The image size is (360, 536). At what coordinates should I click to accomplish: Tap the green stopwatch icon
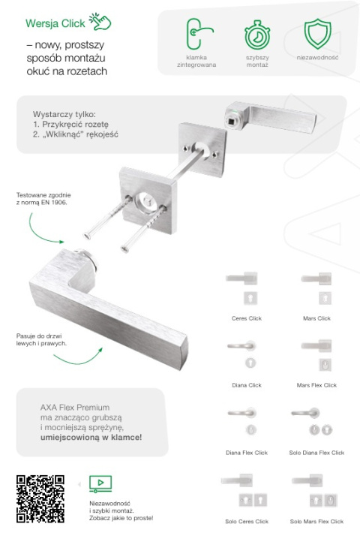[x=257, y=35]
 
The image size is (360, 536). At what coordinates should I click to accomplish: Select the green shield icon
[x=318, y=34]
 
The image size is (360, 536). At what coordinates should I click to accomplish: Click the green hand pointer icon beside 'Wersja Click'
[x=100, y=21]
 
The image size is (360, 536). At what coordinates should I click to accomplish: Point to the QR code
[x=40, y=498]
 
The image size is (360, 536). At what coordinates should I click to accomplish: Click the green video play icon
[x=100, y=483]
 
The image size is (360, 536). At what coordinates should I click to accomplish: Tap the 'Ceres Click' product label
[x=247, y=318]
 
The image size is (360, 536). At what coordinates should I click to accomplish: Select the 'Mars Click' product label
[x=316, y=318]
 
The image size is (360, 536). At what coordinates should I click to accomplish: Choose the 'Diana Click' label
[x=247, y=385]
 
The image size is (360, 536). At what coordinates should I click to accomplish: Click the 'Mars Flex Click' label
[x=316, y=385]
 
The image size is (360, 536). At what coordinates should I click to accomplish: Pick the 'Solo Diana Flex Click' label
[x=316, y=453]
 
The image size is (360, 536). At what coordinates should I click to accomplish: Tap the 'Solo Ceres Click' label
[x=247, y=521]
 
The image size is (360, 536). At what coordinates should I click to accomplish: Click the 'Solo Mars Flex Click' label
[x=316, y=521]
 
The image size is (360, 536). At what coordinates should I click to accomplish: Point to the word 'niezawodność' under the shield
[x=318, y=57]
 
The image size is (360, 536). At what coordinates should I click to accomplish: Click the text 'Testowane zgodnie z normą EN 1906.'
[x=43, y=199]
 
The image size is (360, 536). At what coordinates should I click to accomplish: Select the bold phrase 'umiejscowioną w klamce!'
[x=91, y=437]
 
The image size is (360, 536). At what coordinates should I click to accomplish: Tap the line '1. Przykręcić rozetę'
[x=70, y=124]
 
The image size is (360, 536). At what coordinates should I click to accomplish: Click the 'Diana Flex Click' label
[x=247, y=453]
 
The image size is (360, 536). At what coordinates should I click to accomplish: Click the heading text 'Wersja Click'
[x=55, y=23]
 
